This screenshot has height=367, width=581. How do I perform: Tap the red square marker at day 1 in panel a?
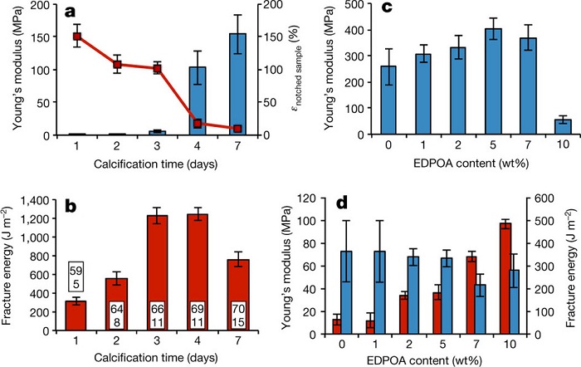(76, 37)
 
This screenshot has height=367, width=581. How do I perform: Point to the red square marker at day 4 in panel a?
(198, 124)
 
